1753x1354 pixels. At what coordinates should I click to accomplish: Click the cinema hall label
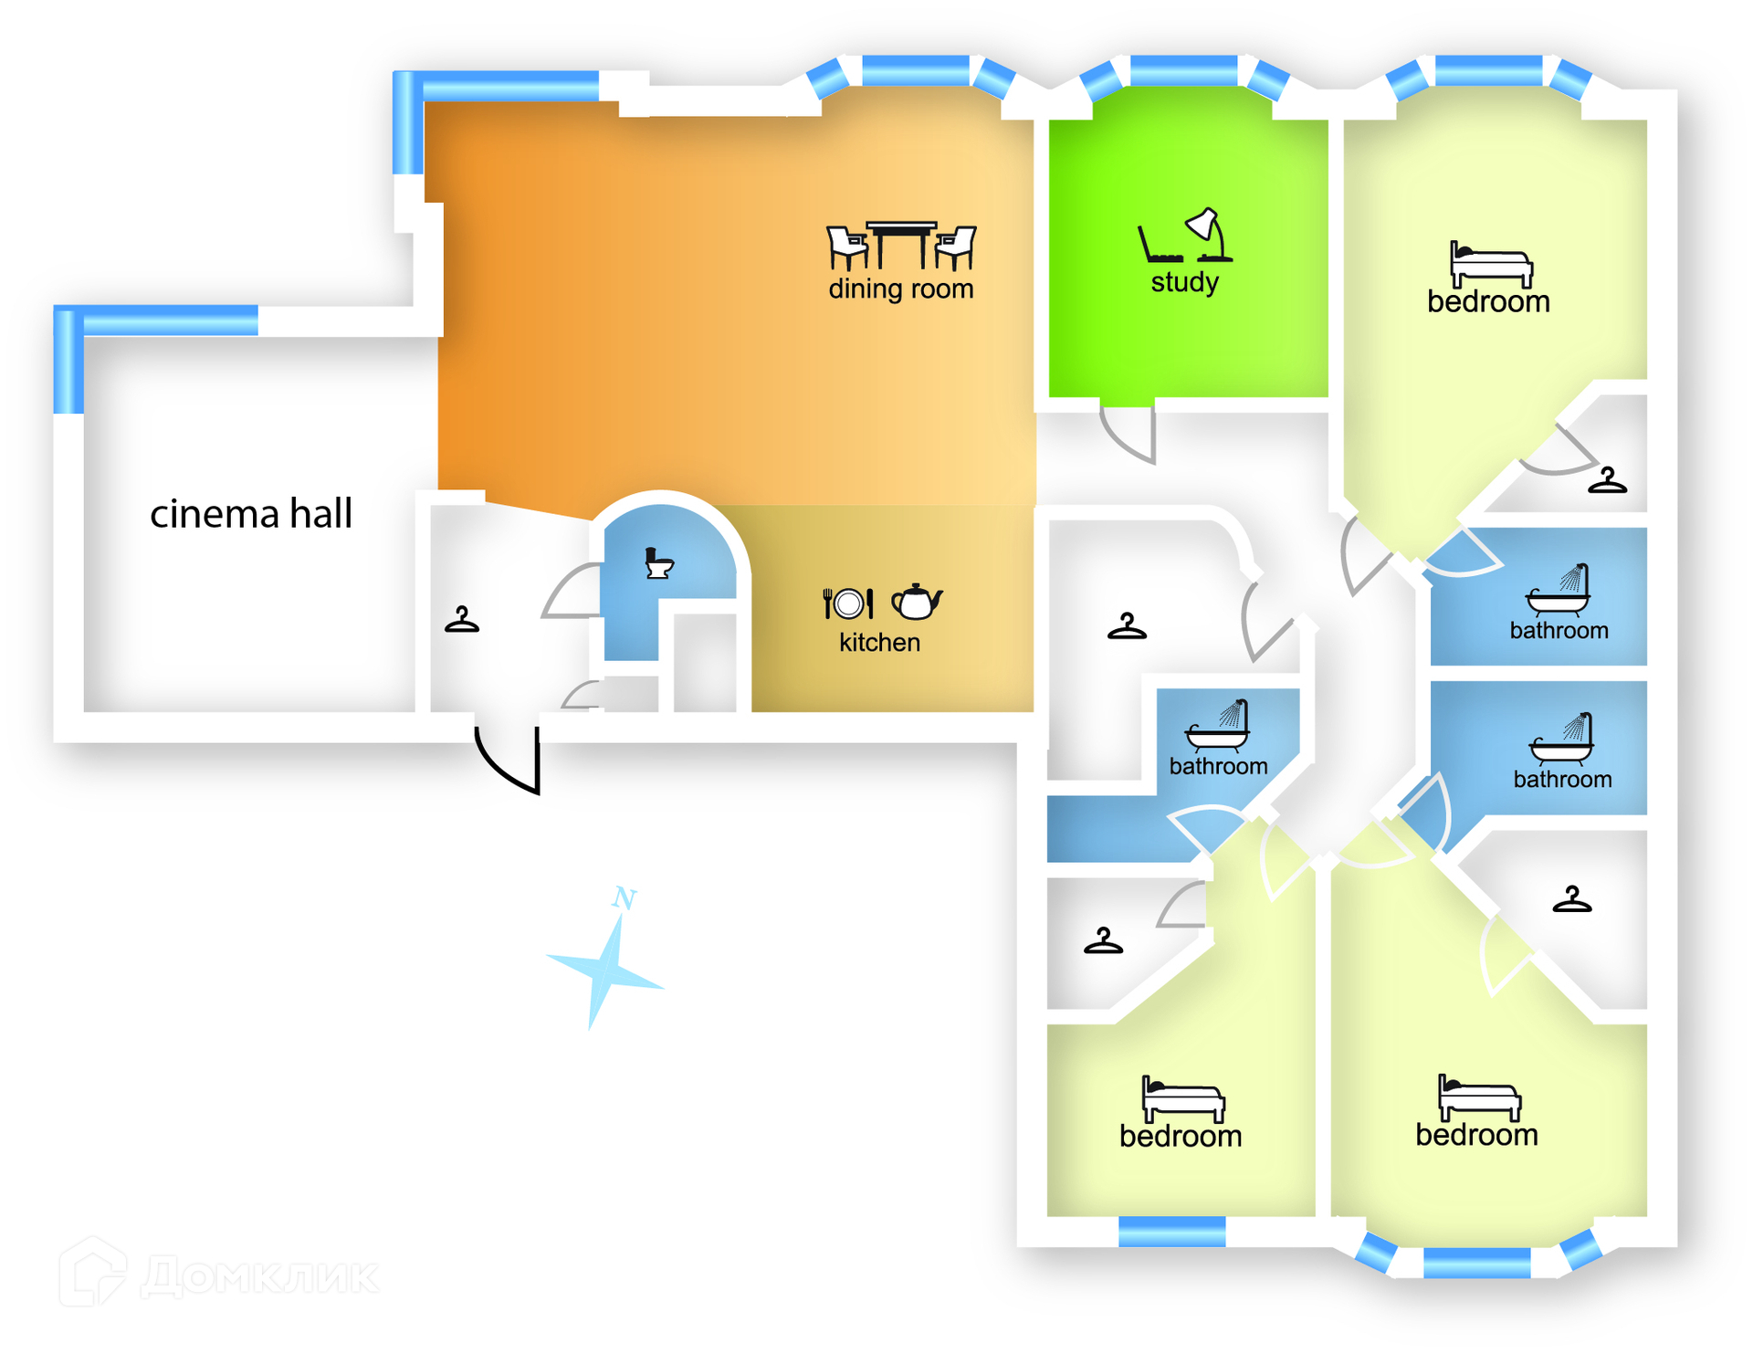pyautogui.click(x=250, y=514)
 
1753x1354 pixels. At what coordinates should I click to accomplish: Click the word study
pyautogui.click(x=1184, y=282)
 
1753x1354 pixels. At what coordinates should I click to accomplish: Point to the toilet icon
pyautogui.click(x=658, y=563)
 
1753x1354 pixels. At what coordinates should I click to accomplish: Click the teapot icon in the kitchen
pyautogui.click(x=916, y=602)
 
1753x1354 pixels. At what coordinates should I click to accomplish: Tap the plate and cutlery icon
pyautogui.click(x=848, y=604)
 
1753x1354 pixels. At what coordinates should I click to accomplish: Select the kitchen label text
pyautogui.click(x=879, y=643)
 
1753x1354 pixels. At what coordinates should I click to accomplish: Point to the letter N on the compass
pyautogui.click(x=625, y=898)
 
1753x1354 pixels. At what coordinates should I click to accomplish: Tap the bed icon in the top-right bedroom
pyautogui.click(x=1490, y=264)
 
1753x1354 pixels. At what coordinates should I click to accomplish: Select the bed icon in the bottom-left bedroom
pyautogui.click(x=1182, y=1099)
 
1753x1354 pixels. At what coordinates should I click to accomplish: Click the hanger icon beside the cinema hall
pyautogui.click(x=462, y=620)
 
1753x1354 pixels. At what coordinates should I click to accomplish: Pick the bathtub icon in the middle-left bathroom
pyautogui.click(x=1218, y=727)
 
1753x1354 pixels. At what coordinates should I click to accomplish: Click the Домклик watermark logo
pyautogui.click(x=219, y=1275)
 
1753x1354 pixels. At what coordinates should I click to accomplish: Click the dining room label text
pyautogui.click(x=900, y=289)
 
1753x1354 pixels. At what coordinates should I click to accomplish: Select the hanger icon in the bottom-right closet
pyautogui.click(x=1571, y=899)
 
